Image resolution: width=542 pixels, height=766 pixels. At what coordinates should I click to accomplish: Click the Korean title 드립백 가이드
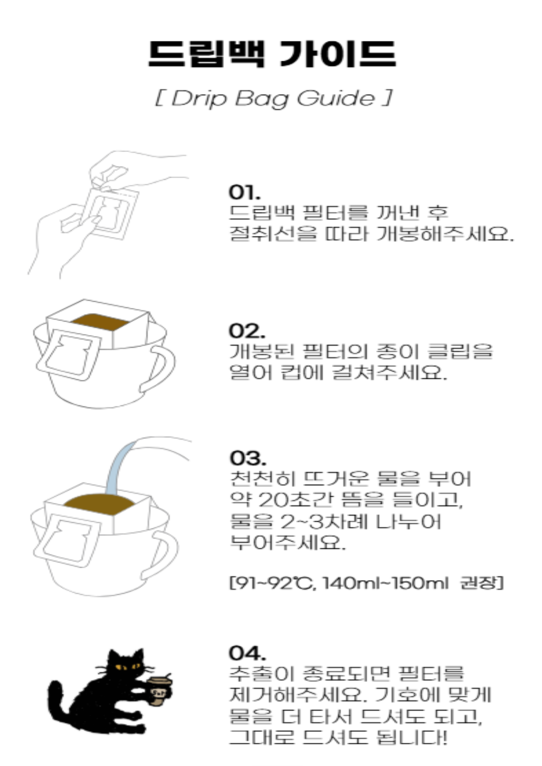pos(272,54)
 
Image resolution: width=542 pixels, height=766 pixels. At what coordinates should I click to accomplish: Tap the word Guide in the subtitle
pos(336,99)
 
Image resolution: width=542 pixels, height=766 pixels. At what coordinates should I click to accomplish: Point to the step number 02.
pos(247,331)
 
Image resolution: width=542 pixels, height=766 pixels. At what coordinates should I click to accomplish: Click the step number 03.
pos(248,458)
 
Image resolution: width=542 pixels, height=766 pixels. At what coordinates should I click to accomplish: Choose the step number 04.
pos(247,652)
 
